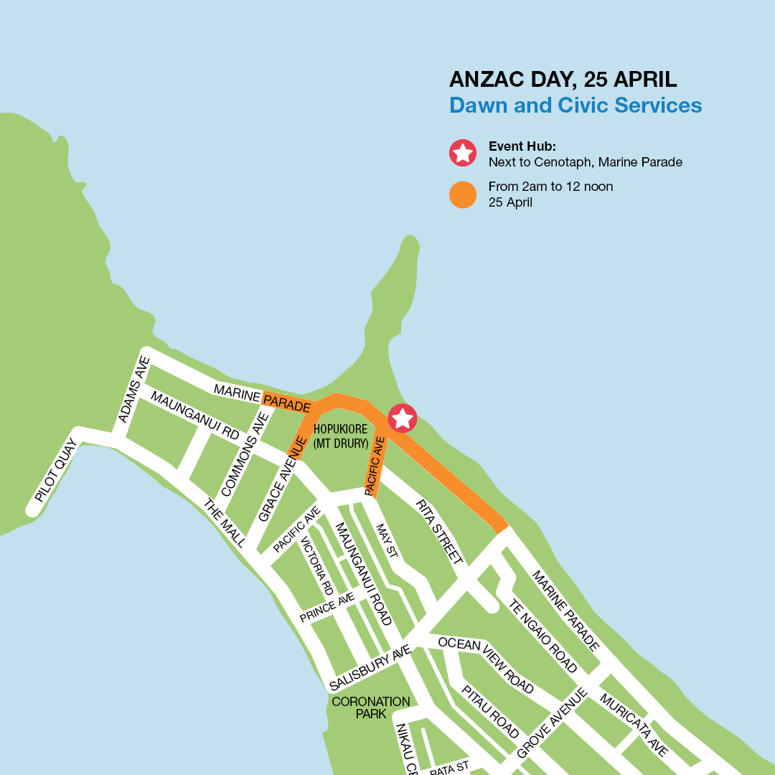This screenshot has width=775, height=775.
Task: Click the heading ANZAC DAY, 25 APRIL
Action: coord(563,79)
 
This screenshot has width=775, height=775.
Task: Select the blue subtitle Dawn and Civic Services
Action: coord(576,105)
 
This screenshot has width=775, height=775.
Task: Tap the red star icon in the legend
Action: coord(463,152)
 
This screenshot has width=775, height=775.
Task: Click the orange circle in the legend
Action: coord(463,194)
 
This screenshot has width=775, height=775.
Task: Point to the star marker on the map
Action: coord(402,418)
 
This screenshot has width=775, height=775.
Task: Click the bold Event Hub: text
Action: coord(522,146)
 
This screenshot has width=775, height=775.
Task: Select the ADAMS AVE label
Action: coord(134,390)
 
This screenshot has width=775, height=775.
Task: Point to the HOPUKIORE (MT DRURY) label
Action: coord(341,436)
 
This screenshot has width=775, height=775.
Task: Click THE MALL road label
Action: coord(225,523)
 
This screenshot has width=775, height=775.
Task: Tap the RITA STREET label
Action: coord(439,531)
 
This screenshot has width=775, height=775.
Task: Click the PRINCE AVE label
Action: coord(327,607)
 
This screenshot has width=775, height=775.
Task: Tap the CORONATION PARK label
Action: coord(371,708)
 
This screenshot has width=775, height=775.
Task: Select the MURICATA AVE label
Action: coord(634,725)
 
